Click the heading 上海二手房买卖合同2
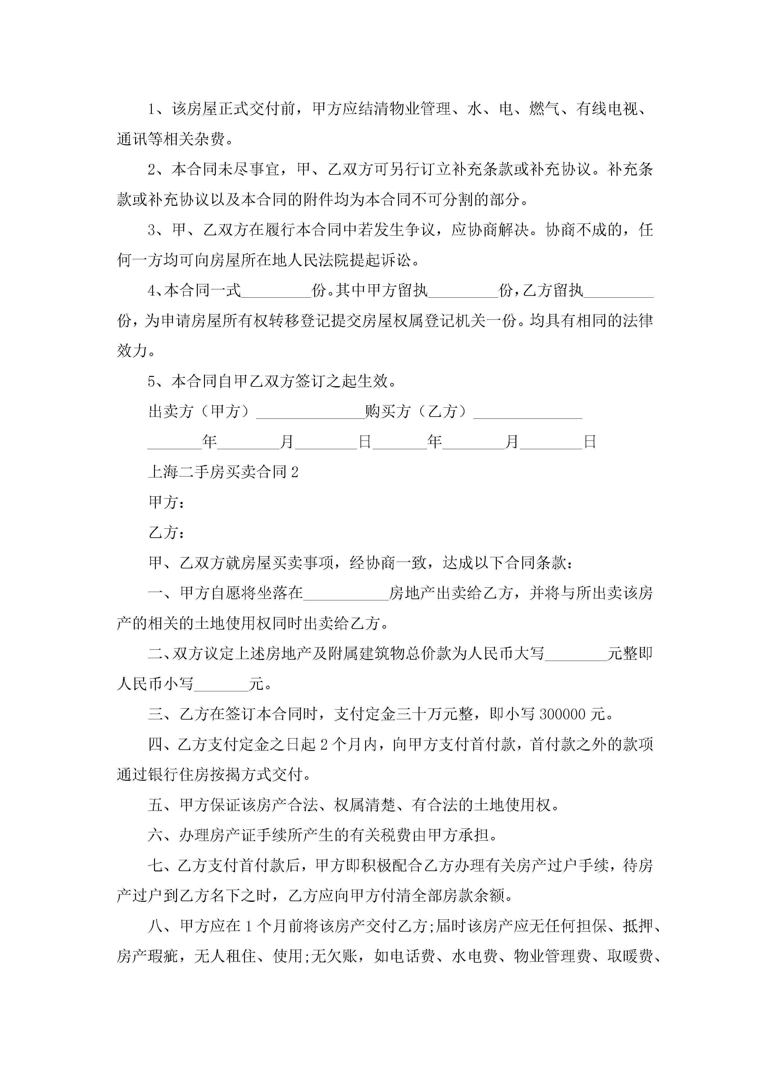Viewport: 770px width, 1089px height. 223,472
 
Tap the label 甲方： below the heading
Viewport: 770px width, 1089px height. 166,502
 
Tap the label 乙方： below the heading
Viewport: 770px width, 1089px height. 166,533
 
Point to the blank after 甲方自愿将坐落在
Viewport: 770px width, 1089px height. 346,593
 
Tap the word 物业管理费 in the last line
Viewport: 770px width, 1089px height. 553,957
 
